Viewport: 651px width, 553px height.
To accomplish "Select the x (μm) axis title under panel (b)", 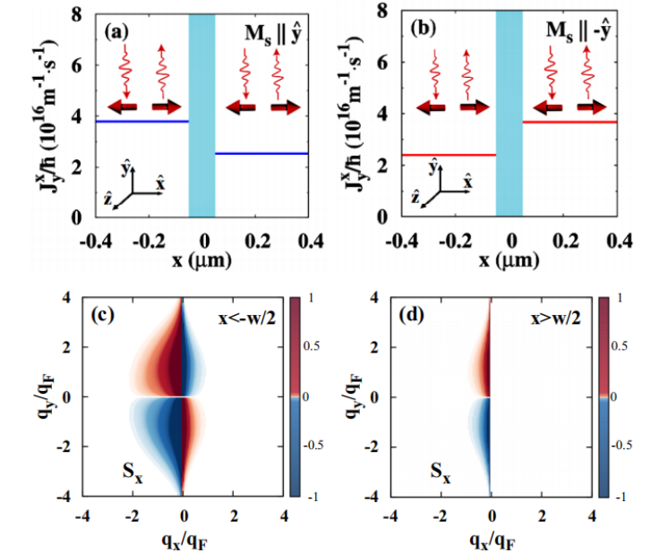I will (510, 260).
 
